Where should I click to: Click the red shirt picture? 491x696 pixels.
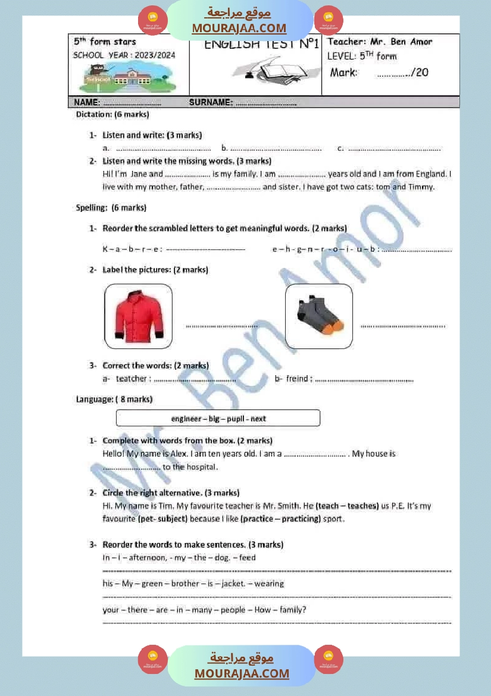(138, 316)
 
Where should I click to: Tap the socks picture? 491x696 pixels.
(319, 316)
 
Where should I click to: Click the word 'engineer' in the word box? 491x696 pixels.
(186, 419)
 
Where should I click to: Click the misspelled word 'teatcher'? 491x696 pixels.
(131, 379)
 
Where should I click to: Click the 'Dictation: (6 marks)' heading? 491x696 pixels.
(112, 114)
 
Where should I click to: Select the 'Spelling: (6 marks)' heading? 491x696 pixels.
(111, 208)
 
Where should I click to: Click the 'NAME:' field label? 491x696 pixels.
(86, 102)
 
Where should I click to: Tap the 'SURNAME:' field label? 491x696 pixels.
(211, 102)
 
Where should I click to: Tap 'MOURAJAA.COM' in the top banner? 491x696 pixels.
(239, 28)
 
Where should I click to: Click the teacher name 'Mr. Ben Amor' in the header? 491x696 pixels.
(401, 42)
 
